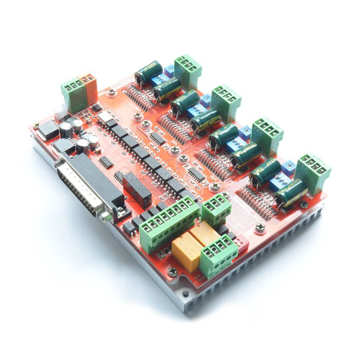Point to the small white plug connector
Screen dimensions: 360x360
(x=60, y=111)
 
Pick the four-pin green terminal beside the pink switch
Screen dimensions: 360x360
(x=219, y=255)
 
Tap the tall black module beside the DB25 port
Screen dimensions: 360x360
(x=136, y=190)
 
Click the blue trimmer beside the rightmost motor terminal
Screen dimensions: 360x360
(x=288, y=168)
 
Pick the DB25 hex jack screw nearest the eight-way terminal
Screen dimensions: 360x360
(x=106, y=216)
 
